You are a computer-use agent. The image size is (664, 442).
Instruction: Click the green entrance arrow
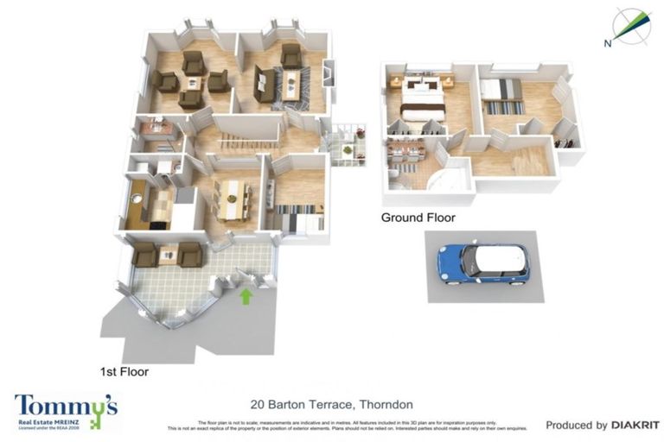tap(246, 297)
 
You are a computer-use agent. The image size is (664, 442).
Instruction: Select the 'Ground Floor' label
tap(418, 218)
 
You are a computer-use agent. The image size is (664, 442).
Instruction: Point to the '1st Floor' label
tap(124, 373)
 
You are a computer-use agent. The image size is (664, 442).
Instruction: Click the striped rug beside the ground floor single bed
tap(503, 107)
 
